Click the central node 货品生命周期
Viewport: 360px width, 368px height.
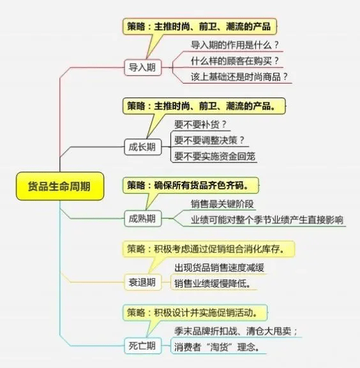pyautogui.click(x=60, y=186)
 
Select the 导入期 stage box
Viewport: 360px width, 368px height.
pyautogui.click(x=143, y=68)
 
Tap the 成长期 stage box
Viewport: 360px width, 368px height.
pyautogui.click(x=143, y=147)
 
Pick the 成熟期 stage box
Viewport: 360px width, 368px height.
pyautogui.click(x=143, y=219)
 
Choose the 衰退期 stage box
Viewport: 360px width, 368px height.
pyautogui.click(x=143, y=282)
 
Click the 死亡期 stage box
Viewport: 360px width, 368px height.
pyautogui.click(x=143, y=346)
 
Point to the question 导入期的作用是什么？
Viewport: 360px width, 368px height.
pyautogui.click(x=235, y=45)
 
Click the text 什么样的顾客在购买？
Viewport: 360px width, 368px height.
pyautogui.click(x=235, y=61)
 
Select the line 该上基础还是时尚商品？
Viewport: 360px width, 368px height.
pyautogui.click(x=239, y=77)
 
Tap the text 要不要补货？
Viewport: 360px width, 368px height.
pyautogui.click(x=200, y=124)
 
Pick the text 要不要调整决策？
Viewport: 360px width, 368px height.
pyautogui.click(x=209, y=140)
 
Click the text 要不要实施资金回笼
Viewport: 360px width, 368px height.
pyautogui.click(x=214, y=156)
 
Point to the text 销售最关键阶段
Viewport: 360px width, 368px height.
pyautogui.click(x=222, y=204)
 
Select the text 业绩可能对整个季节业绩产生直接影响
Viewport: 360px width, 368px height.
pyautogui.click(x=267, y=220)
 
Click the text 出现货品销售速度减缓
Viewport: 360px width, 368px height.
pyautogui.click(x=220, y=268)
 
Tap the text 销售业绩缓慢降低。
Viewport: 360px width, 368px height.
pyautogui.click(x=213, y=284)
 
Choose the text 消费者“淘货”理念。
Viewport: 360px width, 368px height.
pyautogui.click(x=217, y=347)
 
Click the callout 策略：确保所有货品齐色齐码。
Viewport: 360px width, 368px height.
pyautogui.click(x=190, y=186)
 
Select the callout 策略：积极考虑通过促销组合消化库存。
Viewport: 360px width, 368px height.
pyautogui.click(x=209, y=249)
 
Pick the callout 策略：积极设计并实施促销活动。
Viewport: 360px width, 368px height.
pyautogui.click(x=195, y=313)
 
